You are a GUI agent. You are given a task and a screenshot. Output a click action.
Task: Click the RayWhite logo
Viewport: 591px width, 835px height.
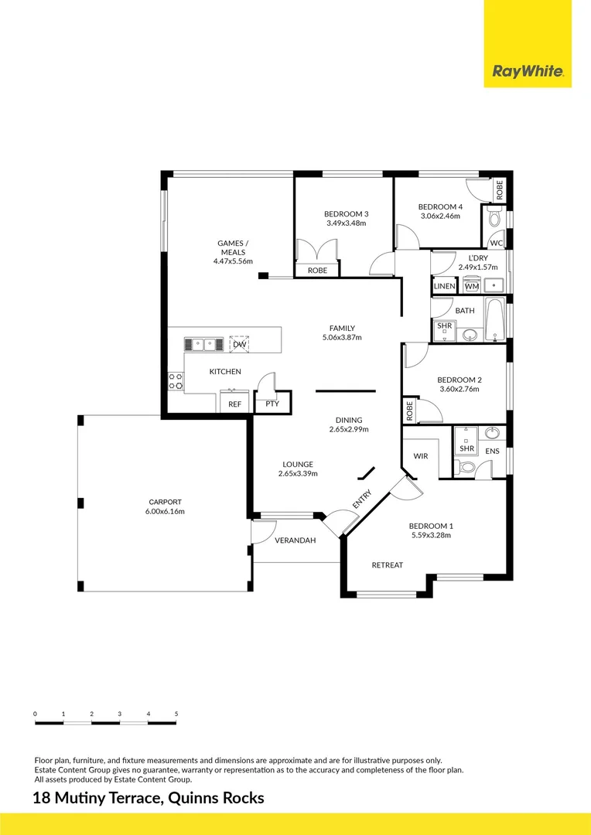528,71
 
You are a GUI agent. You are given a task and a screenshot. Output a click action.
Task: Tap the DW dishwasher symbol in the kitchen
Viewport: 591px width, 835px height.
240,344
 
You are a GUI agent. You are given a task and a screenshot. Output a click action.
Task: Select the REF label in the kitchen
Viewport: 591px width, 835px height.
234,404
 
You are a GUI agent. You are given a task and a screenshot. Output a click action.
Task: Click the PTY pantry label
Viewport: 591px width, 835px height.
272,404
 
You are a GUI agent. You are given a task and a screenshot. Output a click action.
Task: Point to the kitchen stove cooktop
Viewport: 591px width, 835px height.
176,381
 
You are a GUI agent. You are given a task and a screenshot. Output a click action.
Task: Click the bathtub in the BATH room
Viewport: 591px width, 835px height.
495,319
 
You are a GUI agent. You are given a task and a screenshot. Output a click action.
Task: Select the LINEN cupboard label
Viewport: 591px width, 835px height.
444,286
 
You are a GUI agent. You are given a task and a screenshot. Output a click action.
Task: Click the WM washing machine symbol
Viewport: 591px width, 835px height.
472,285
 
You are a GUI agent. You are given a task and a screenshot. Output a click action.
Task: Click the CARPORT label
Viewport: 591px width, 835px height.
166,502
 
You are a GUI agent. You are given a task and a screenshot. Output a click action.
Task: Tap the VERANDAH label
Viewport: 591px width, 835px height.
295,540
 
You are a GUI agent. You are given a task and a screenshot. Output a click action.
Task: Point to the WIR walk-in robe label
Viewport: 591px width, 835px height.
421,456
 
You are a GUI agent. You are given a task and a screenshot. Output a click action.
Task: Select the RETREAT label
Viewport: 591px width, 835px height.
388,565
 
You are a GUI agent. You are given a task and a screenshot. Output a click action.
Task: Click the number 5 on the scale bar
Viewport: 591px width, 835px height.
176,714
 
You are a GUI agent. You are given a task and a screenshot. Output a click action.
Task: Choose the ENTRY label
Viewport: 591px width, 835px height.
362,499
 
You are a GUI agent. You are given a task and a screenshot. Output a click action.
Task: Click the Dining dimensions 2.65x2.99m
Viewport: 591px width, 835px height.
349,428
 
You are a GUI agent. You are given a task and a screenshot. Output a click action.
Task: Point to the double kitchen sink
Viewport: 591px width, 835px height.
204,344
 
